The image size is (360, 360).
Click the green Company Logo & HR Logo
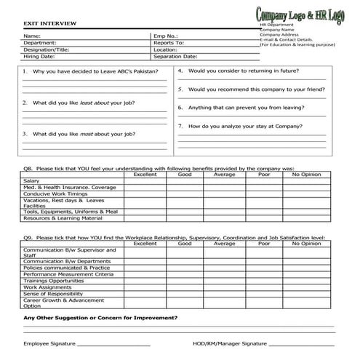point(300,15)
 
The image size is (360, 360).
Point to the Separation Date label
point(175,56)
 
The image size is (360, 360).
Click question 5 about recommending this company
point(251,89)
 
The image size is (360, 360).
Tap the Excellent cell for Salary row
point(145,181)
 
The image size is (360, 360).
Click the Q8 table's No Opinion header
point(306,175)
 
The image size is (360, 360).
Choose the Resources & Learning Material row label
point(63,218)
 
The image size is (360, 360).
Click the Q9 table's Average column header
point(224,244)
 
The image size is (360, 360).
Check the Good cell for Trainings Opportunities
point(185,281)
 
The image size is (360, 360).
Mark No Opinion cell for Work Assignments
point(306,287)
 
